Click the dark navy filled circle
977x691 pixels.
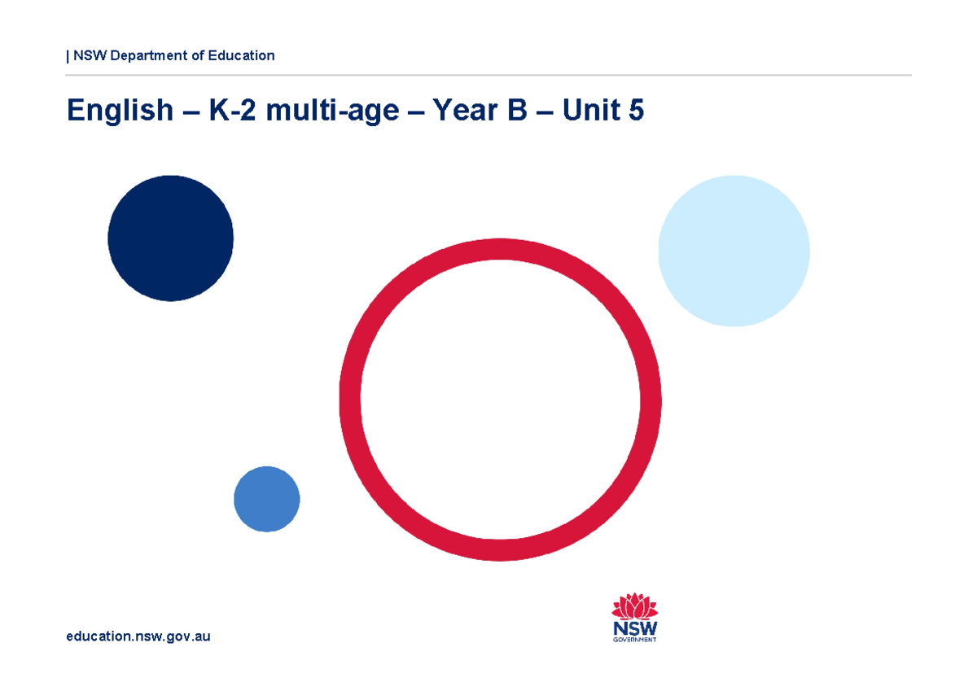170,238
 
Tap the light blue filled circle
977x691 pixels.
734,251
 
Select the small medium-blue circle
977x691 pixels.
266,499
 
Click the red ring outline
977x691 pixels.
350,399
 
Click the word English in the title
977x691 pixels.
120,111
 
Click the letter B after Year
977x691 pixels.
517,111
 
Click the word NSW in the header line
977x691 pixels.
90,55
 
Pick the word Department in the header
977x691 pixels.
150,56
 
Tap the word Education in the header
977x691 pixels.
241,55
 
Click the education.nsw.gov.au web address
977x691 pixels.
138,636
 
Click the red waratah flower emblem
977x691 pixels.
634,607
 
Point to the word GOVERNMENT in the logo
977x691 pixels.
634,640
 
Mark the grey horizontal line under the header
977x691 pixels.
488,75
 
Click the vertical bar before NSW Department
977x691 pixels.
68,56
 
